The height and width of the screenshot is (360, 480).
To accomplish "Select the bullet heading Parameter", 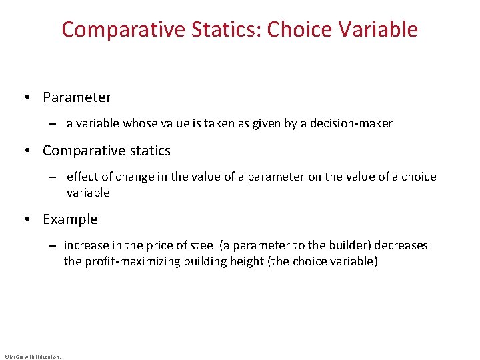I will coord(77,97).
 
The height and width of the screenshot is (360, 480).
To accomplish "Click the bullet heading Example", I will coord(70,219).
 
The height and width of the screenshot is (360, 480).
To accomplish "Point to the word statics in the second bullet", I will coord(150,151).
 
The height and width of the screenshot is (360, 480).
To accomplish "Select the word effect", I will coord(82,177).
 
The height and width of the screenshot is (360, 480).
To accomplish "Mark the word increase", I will coord(85,245).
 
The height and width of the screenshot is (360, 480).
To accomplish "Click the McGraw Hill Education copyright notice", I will coord(32,357).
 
